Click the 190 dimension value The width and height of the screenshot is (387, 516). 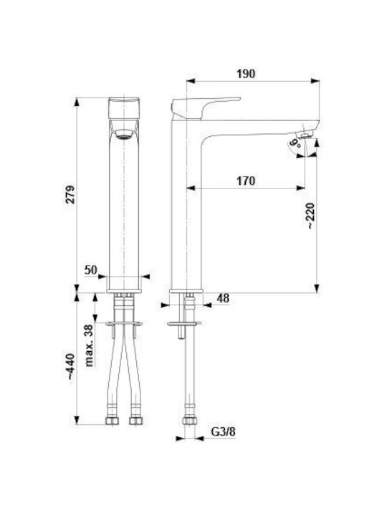[246, 74]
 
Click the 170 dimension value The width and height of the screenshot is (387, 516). [246, 181]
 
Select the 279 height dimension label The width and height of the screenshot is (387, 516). [71, 194]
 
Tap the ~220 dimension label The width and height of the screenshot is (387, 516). [310, 216]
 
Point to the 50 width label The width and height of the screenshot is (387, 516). [91, 270]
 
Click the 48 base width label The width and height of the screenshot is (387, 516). [223, 298]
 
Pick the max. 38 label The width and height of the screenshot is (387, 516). [89, 345]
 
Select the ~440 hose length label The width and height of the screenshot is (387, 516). [71, 367]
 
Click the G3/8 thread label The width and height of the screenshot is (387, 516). [223, 431]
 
